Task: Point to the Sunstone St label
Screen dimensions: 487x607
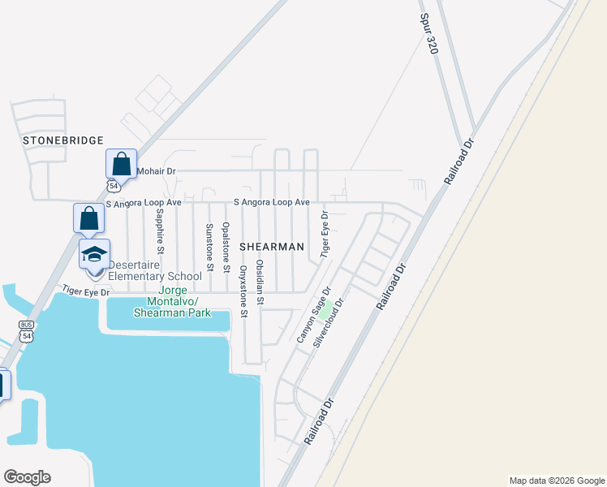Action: coord(209,247)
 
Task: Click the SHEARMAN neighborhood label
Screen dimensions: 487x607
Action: coord(271,246)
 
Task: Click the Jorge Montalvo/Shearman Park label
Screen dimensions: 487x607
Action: coord(184,301)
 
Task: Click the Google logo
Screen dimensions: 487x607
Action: coord(27,477)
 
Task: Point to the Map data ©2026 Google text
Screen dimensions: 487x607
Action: coord(557,481)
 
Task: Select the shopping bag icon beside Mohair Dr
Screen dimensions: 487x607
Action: coord(121,164)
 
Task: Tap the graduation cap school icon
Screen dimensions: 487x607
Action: coord(94,253)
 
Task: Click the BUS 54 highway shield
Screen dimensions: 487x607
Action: coord(27,330)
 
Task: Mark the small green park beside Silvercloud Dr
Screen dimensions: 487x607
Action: coord(325,312)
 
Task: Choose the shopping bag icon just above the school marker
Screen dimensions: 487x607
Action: coord(88,218)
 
